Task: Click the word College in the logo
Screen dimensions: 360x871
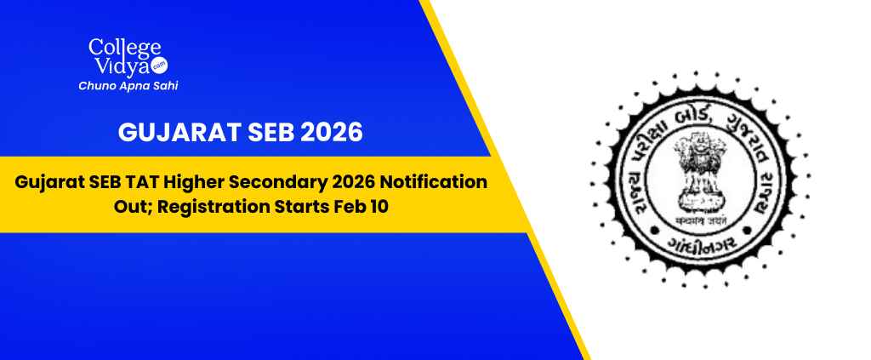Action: tap(117, 49)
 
